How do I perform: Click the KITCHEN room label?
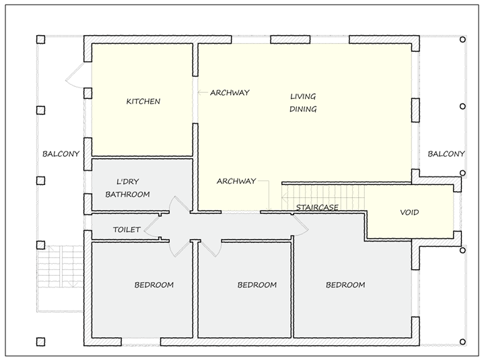coord(143,102)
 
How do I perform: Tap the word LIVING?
coord(303,96)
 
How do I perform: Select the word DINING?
coord(303,109)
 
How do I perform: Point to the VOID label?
coord(409,212)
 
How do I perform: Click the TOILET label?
coord(127,229)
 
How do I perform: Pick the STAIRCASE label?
coord(317,207)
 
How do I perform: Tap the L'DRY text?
coord(128,182)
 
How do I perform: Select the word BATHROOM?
coord(128,194)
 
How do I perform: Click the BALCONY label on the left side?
coord(61,153)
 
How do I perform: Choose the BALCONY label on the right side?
coord(446,153)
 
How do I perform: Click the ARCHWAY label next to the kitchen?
coord(230,92)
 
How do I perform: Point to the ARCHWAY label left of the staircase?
coord(236,181)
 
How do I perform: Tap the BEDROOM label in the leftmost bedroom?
coord(154,285)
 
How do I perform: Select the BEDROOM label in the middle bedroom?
coord(257,285)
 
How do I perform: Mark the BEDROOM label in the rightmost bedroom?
coord(345,285)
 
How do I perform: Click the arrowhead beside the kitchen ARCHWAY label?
coord(199,92)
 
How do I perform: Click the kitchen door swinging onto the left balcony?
coord(75,75)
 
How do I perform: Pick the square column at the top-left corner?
coord(41,39)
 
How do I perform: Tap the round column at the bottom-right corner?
coord(462,342)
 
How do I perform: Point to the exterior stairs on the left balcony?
coord(61,266)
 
